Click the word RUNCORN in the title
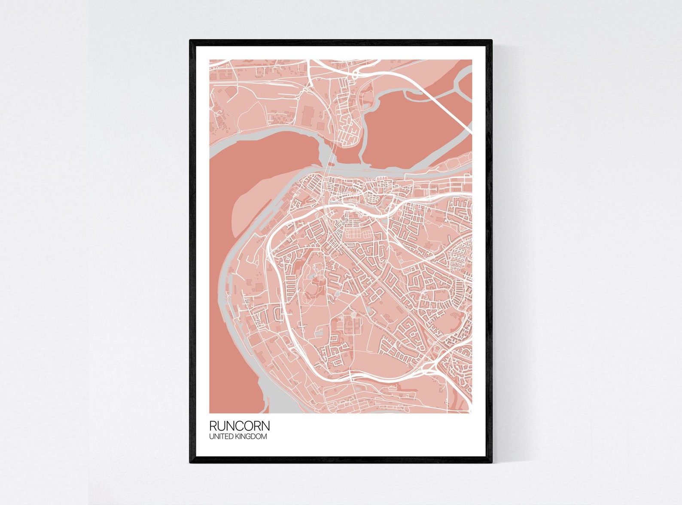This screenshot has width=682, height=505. pos(239,426)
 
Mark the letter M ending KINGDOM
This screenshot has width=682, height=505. pos(264,437)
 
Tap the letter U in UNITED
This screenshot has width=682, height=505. pos(211,437)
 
